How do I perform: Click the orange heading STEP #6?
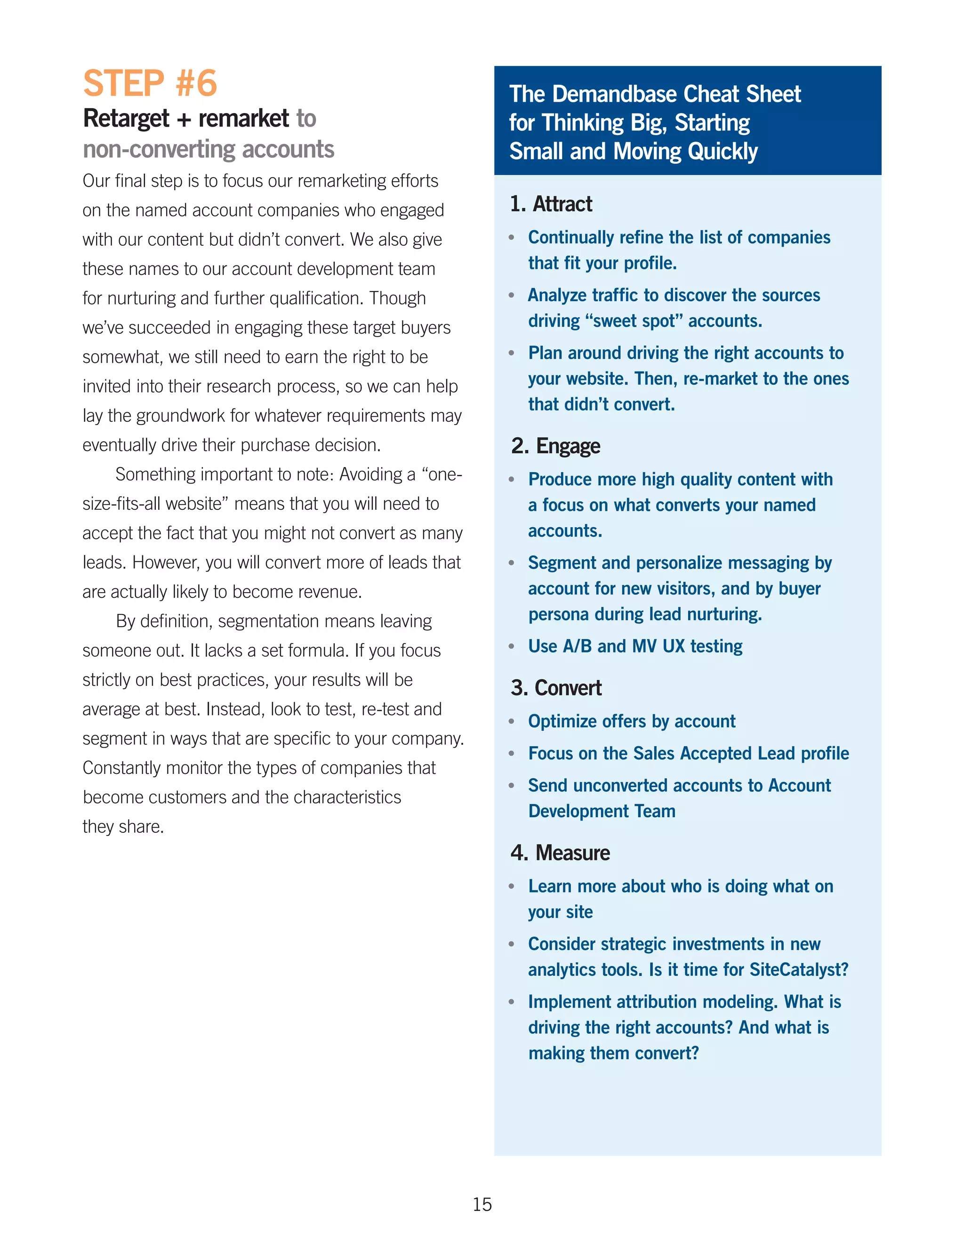(x=150, y=83)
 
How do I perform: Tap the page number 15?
(x=482, y=1204)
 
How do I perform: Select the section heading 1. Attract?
(x=551, y=204)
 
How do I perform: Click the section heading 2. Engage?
(x=555, y=446)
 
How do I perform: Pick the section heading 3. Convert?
(x=556, y=687)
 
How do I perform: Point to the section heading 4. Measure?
(x=560, y=853)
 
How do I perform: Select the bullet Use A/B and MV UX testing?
(x=635, y=646)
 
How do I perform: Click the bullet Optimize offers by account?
(x=631, y=721)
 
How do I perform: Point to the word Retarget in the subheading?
(x=126, y=119)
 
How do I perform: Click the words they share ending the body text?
(x=123, y=826)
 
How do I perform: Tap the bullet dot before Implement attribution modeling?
(x=511, y=1002)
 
